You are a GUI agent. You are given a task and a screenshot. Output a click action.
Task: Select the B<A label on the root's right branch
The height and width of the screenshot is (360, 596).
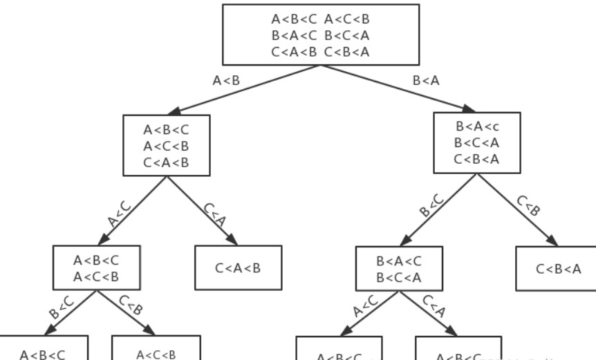(425, 80)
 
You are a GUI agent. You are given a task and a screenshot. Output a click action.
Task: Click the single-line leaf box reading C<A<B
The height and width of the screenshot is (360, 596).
(238, 268)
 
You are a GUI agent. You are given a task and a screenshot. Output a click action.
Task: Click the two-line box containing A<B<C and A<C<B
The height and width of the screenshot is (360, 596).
(97, 268)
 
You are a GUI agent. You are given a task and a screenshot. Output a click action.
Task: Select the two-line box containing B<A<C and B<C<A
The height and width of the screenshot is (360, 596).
(400, 268)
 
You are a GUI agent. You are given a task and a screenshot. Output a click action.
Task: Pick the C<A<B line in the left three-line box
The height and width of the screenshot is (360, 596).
(166, 162)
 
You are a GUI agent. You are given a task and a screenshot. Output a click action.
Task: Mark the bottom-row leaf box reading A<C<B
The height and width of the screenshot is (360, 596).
(156, 349)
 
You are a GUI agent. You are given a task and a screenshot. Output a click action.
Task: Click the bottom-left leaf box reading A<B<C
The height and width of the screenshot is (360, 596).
(43, 349)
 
